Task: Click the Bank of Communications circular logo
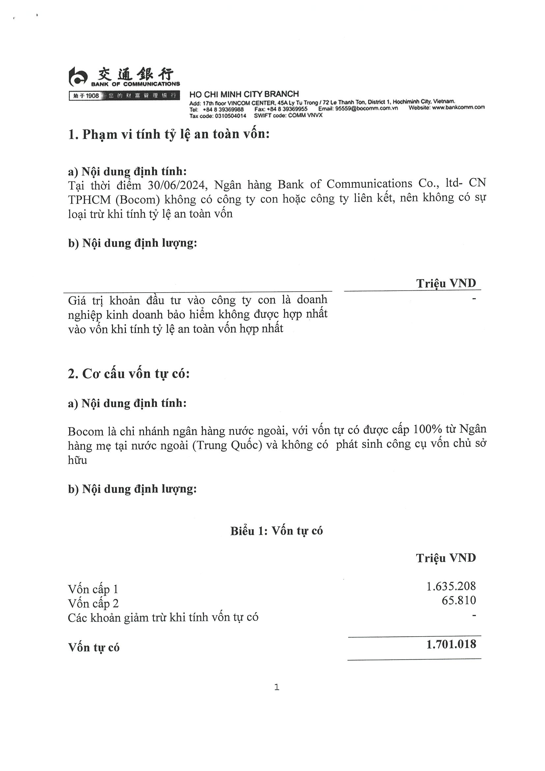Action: click(x=78, y=76)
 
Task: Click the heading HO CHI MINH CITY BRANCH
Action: click(x=244, y=94)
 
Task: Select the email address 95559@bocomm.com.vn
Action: click(x=366, y=108)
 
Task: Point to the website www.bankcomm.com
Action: click(x=458, y=107)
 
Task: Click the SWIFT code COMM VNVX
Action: click(x=305, y=116)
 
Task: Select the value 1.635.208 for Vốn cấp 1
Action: click(x=451, y=586)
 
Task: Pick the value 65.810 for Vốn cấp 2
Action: click(x=458, y=600)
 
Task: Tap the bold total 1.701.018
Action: click(x=451, y=644)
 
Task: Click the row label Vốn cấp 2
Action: click(x=93, y=603)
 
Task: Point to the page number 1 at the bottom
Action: click(x=276, y=687)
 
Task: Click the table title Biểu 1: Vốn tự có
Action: click(x=276, y=530)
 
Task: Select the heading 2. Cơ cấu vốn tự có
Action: click(x=129, y=374)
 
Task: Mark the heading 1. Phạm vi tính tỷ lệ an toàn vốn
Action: click(x=169, y=134)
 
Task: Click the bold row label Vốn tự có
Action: click(x=94, y=647)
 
